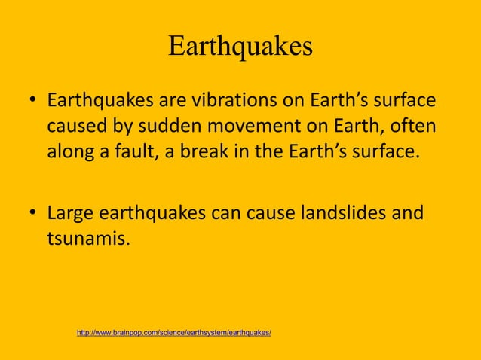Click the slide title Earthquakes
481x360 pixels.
[240, 47]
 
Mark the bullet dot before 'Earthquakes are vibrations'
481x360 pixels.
[34, 101]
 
